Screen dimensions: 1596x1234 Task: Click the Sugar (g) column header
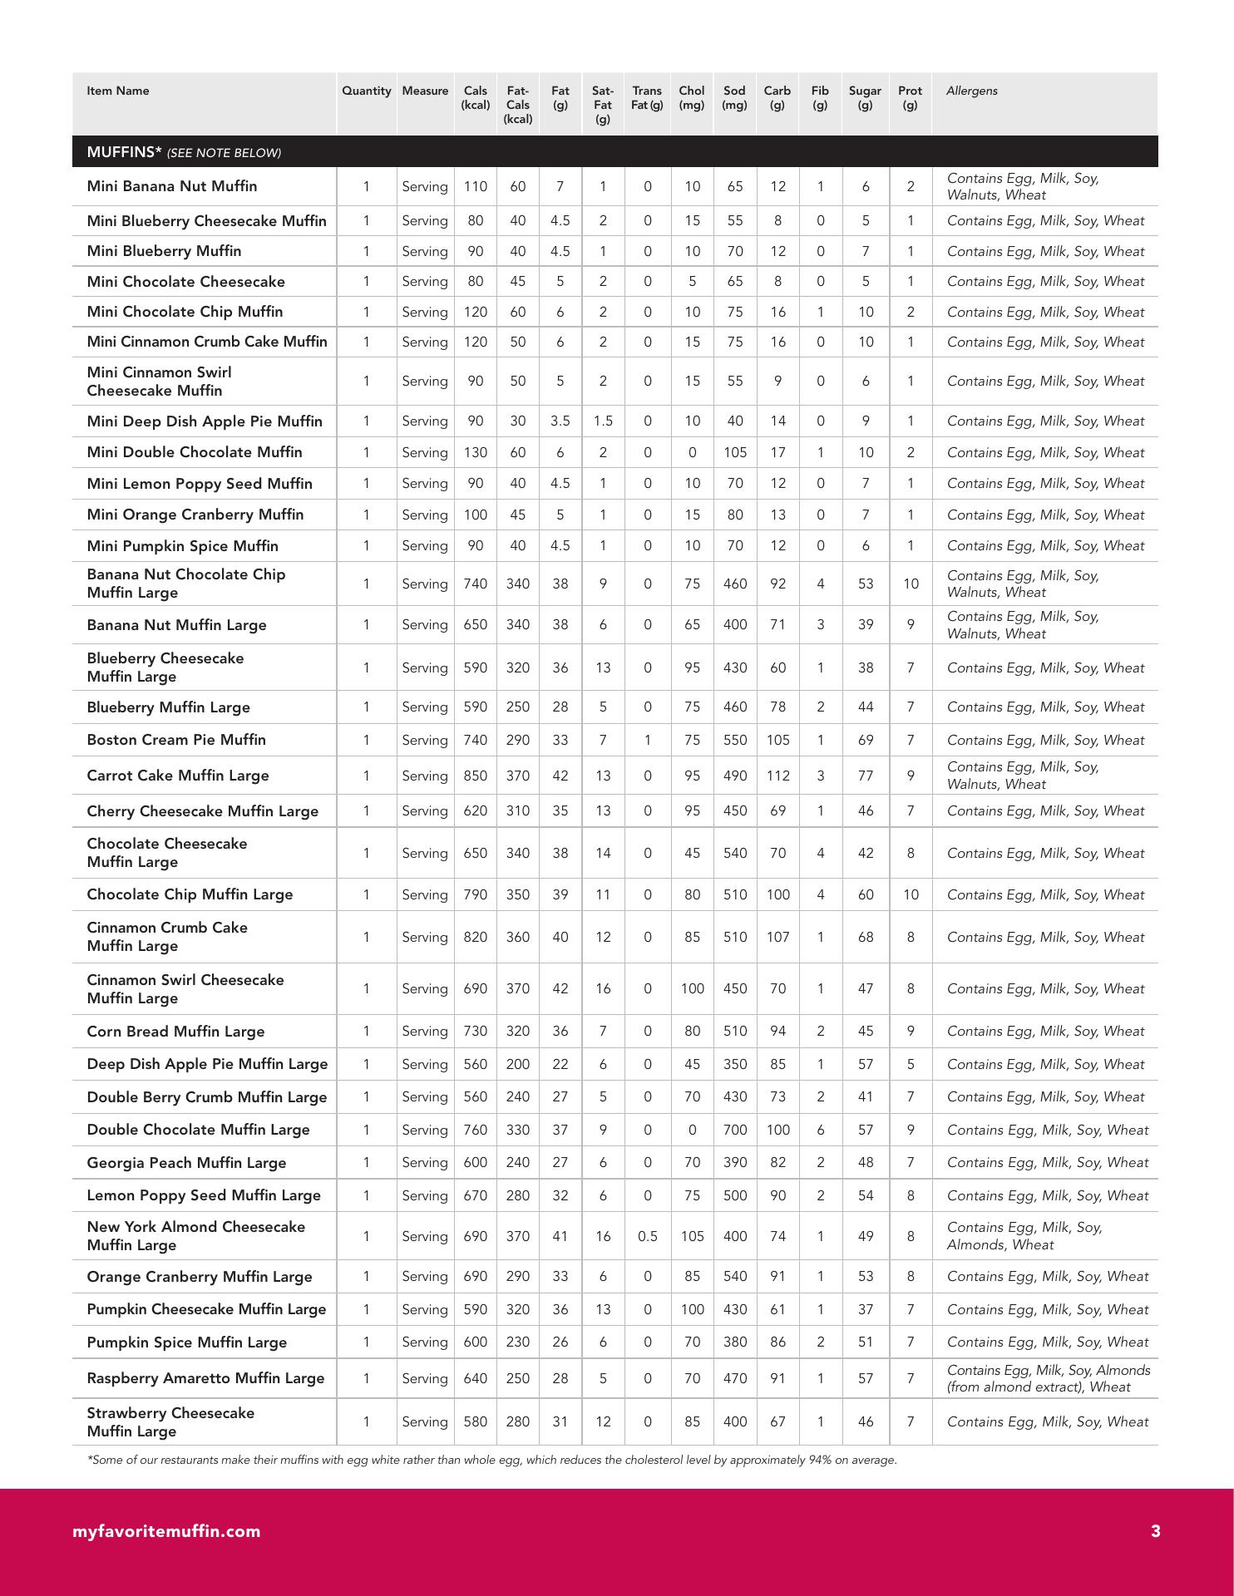pos(865,98)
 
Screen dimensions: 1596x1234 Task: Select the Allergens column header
pos(971,91)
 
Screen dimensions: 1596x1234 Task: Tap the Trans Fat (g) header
pos(647,98)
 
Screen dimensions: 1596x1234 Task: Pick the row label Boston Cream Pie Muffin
pos(176,740)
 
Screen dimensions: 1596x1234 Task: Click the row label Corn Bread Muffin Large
pos(175,1032)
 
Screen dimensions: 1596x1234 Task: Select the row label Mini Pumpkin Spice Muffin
pos(182,546)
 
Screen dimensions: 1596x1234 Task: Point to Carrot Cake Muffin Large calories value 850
pos(475,776)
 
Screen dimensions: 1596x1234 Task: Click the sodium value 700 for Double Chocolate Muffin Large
pos(734,1130)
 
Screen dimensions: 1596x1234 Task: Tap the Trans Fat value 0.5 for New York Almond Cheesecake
pos(647,1236)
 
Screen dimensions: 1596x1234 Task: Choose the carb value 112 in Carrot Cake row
pos(777,776)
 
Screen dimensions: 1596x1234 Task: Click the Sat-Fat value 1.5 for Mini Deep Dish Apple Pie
pos(603,421)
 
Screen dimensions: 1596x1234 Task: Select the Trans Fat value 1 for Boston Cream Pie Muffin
pos(647,740)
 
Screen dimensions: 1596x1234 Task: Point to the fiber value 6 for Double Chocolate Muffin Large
pos(820,1130)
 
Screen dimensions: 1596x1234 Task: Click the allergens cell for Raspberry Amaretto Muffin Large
pos(1048,1378)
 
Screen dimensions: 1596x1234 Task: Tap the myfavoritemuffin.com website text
pos(166,1531)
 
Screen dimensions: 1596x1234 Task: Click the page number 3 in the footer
pos(1155,1531)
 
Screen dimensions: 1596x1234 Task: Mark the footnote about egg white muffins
pos(491,1461)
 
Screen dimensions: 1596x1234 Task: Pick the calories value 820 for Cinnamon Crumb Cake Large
pos(475,937)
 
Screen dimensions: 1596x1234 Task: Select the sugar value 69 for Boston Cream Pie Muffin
pos(865,740)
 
